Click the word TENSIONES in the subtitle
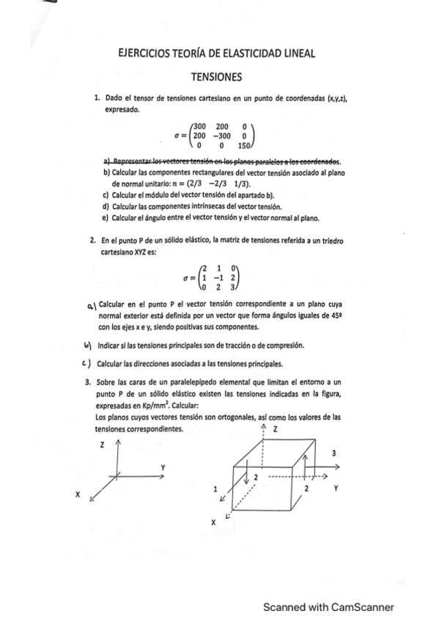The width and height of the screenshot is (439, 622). click(x=216, y=76)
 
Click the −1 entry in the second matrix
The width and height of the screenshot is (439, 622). click(x=217, y=278)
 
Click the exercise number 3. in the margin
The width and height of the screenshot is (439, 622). click(x=89, y=381)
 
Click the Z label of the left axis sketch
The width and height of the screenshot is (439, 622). click(x=102, y=444)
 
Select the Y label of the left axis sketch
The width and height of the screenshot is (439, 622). click(x=163, y=466)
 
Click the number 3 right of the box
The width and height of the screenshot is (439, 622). click(x=334, y=453)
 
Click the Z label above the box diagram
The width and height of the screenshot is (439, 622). click(x=275, y=427)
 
